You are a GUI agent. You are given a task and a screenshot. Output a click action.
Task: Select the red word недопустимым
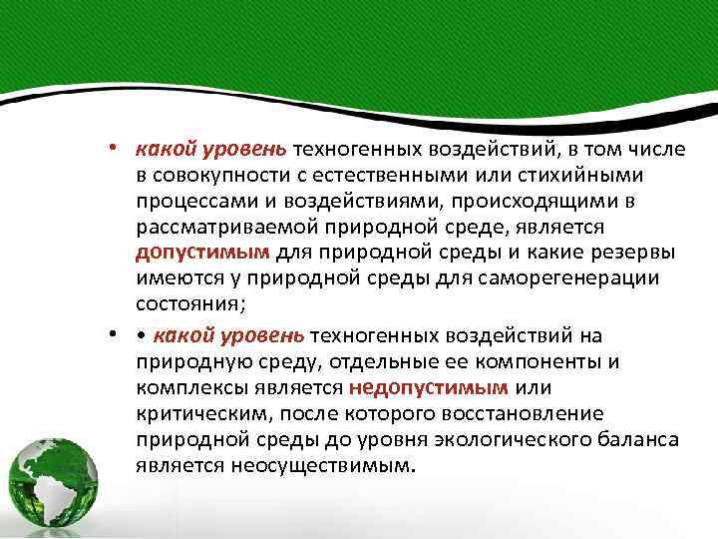coord(429,386)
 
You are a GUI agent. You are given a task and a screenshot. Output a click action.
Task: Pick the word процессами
coord(190,200)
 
